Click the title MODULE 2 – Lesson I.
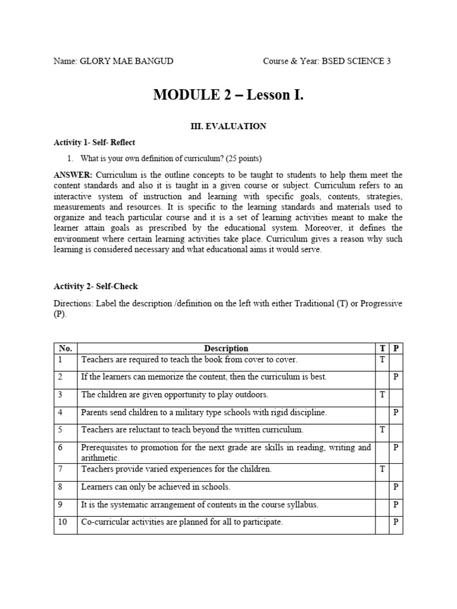228,95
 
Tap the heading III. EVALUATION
228,126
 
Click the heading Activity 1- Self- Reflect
94,143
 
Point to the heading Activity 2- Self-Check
95,287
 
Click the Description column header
226,349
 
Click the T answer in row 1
382,360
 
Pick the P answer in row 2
396,377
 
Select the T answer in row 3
382,394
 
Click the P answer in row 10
396,523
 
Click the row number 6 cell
60,447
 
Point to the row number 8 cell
60,487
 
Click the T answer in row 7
382,469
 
